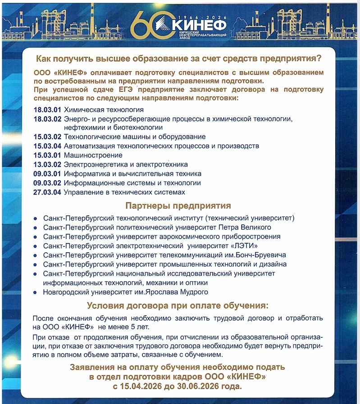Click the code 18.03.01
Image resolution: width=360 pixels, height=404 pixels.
pyautogui.click(x=47, y=109)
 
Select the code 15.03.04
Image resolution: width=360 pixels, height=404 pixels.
pyautogui.click(x=47, y=146)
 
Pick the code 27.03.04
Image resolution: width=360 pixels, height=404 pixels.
pyautogui.click(x=47, y=192)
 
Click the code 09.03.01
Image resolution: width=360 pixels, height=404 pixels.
pyautogui.click(x=47, y=174)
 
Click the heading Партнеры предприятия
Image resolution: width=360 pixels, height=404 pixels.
pyautogui.click(x=178, y=206)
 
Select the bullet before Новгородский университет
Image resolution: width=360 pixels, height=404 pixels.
pyautogui.click(x=36, y=292)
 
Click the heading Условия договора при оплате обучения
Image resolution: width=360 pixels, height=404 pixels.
pyautogui.click(x=178, y=306)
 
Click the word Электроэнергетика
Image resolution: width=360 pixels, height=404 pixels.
pyautogui.click(x=92, y=164)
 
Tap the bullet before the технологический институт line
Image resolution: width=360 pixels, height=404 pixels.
pyautogui.click(x=36, y=218)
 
